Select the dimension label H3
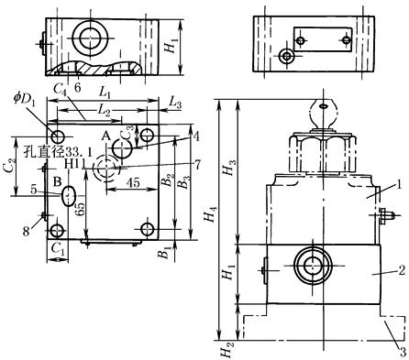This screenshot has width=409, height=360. tap(230, 168)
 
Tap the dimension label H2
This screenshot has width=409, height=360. tap(227, 350)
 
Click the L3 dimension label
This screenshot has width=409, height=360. tap(175, 103)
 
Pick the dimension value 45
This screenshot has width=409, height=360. tap(133, 182)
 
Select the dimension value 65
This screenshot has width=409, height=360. tap(81, 209)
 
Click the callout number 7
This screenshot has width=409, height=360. tap(197, 165)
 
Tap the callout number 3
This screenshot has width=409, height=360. tap(403, 352)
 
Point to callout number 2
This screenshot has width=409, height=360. tap(402, 270)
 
